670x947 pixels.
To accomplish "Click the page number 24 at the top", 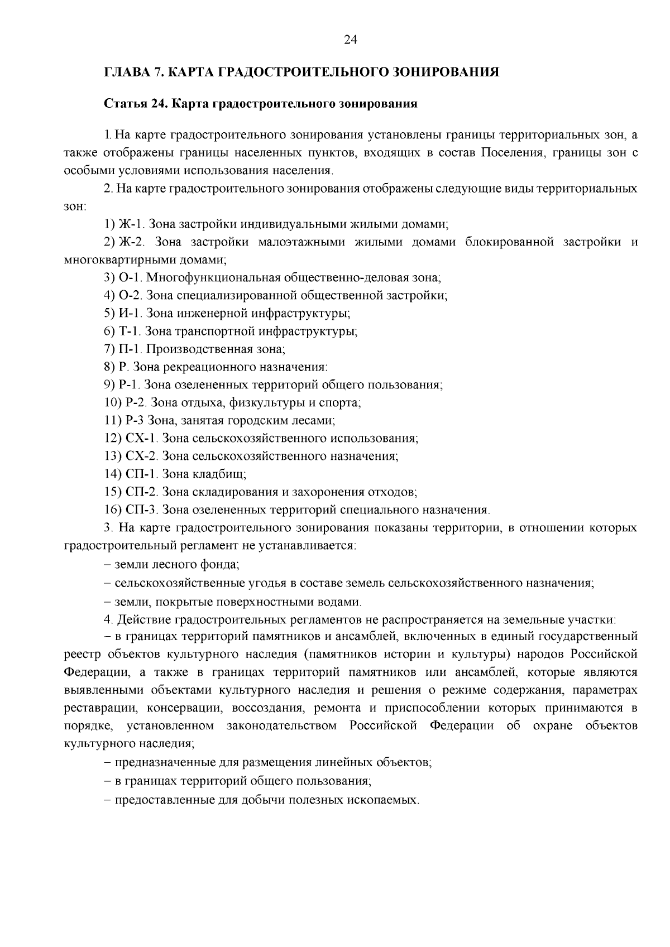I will coord(350,40).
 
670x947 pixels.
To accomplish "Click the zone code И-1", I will coord(130,314).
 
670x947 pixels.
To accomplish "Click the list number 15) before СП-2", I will coord(113,492).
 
